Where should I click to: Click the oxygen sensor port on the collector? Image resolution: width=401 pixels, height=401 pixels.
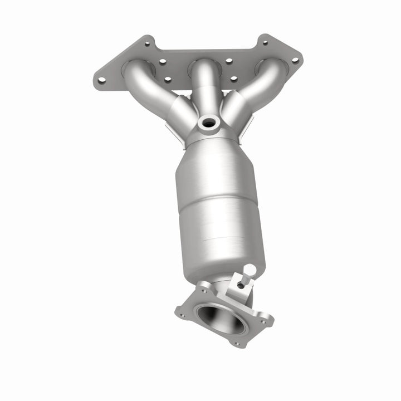[209, 123]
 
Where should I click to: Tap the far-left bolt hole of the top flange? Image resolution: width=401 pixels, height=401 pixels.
[101, 80]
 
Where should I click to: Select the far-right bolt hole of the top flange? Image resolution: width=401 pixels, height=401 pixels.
[295, 60]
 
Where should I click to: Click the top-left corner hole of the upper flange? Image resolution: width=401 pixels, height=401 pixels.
[148, 43]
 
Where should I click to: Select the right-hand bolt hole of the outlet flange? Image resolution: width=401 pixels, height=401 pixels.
[266, 320]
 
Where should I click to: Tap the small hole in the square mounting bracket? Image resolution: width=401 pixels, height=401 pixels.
[241, 285]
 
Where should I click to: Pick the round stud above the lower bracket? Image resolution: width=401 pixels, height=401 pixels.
[250, 270]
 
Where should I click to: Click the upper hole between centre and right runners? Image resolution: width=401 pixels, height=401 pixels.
[228, 61]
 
